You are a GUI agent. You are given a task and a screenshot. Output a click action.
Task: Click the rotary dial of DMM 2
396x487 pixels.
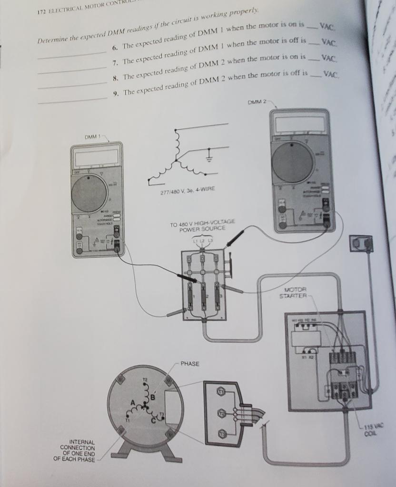(x=293, y=162)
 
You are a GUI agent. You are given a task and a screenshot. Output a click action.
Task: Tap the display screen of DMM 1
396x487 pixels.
(x=95, y=156)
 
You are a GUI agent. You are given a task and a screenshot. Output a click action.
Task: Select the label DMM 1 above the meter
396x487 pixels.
(x=94, y=137)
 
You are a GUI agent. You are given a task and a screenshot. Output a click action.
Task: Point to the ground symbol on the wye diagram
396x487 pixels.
(x=208, y=156)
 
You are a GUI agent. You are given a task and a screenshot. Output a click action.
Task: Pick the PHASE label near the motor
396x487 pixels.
(x=190, y=364)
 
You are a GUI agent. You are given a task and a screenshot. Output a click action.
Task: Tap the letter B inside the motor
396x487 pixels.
(x=153, y=396)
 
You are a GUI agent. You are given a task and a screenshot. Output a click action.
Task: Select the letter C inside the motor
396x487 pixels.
(x=153, y=419)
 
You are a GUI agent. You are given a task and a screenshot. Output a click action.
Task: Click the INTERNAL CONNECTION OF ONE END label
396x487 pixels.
(x=78, y=450)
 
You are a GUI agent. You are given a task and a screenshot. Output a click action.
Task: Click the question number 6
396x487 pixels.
(x=115, y=48)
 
